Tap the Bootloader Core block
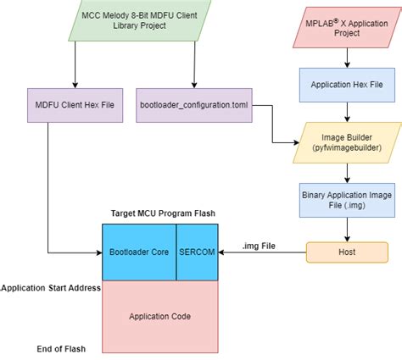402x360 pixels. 138,252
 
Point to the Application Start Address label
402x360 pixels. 51,288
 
